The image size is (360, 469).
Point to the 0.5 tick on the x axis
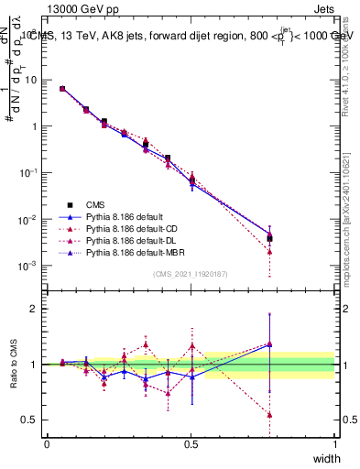click(x=191, y=443)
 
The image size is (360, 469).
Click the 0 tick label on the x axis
click(x=47, y=443)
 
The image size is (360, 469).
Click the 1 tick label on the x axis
click(x=335, y=443)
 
